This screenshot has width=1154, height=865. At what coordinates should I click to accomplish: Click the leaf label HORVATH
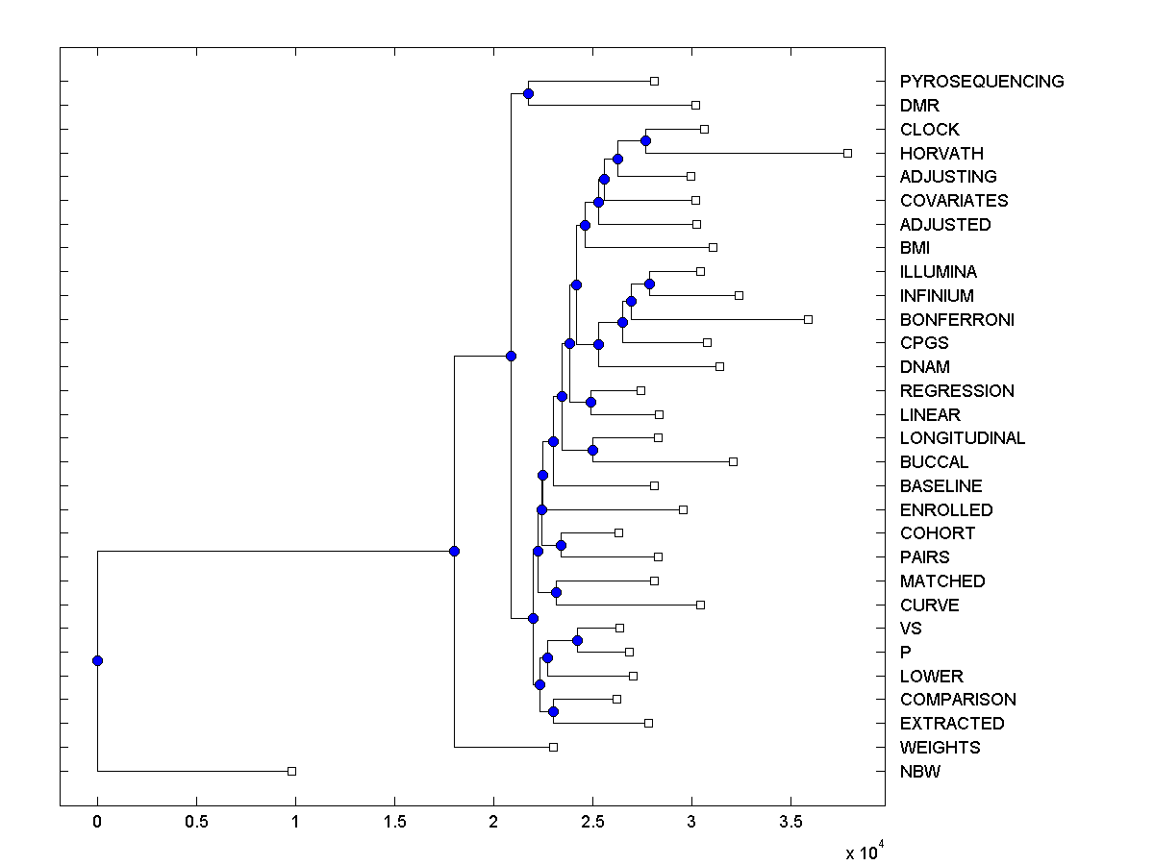[941, 153]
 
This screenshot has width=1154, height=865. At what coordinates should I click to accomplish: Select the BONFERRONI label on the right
[957, 319]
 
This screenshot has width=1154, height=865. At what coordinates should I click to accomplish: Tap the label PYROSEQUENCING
[982, 82]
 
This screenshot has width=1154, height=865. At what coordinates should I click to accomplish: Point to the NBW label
[920, 771]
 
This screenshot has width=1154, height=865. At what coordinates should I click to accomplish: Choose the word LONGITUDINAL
[963, 438]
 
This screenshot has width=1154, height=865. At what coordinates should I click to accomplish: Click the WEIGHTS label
[940, 747]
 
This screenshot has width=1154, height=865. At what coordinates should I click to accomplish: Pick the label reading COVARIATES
[954, 201]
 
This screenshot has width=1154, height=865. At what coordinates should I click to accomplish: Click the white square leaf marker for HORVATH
[847, 153]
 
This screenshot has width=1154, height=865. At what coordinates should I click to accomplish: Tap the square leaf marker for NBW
[291, 771]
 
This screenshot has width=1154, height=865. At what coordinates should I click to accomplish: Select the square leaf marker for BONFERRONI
[808, 319]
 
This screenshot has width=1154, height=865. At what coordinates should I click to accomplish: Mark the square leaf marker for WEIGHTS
[553, 747]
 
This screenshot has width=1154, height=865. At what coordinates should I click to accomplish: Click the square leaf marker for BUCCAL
[733, 462]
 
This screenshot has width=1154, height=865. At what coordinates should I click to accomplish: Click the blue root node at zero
[97, 660]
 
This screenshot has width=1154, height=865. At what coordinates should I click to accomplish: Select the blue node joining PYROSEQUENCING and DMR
[528, 93]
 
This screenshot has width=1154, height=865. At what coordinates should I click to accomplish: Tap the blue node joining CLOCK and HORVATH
[645, 141]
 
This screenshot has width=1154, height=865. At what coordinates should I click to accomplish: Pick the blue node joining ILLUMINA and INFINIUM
[649, 284]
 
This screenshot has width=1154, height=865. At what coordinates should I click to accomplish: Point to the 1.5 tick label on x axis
[394, 822]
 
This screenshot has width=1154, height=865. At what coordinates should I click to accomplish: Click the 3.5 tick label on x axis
[790, 822]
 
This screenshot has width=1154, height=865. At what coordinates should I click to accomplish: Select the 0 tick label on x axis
[97, 822]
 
